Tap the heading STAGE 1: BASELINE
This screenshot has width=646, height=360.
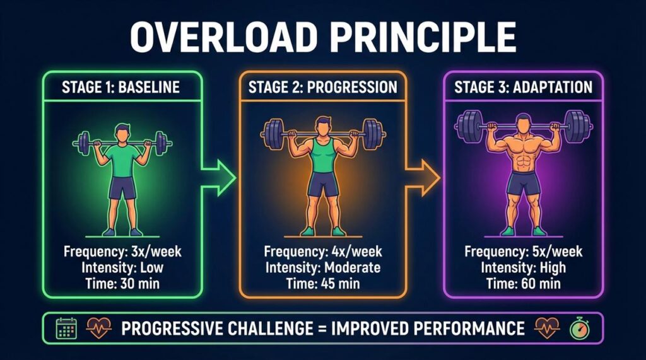pos(122,87)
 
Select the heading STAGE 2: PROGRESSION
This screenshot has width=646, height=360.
pos(323,87)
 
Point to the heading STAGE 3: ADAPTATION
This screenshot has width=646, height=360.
pos(524,87)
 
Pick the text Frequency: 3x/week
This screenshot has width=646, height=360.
pos(122,252)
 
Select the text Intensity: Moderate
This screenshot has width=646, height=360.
pos(322,267)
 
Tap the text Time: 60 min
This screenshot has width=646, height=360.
pos(524,283)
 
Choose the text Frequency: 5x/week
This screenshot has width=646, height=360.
pos(524,252)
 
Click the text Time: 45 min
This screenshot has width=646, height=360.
pos(322,283)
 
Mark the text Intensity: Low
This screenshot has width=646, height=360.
pos(122,267)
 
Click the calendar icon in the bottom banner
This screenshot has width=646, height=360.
pos(66,328)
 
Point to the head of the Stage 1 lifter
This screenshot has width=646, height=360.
pos(122,134)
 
